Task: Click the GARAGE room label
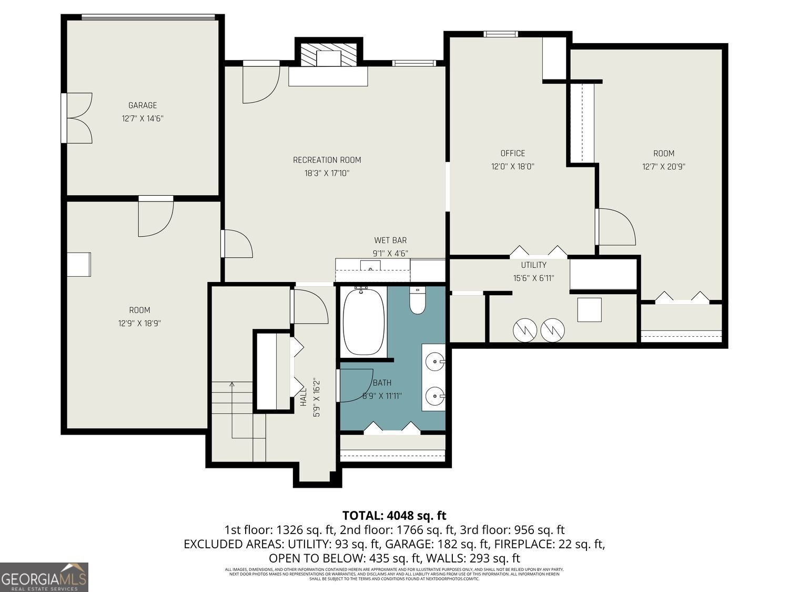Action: tap(143, 106)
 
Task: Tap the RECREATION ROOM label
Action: tap(327, 160)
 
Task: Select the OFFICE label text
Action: tap(512, 153)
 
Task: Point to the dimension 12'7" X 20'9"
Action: tap(663, 167)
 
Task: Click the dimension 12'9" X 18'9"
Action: tap(139, 324)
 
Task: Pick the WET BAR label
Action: tap(390, 240)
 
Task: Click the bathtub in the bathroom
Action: tap(363, 321)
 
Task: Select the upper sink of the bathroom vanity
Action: tap(434, 362)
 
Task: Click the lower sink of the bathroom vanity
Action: tap(434, 395)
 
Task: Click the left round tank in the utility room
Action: tap(524, 329)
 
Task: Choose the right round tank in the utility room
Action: tap(553, 329)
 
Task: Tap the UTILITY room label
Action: tap(533, 265)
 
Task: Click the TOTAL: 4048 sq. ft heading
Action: tap(394, 515)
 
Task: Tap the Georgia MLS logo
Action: tap(44, 577)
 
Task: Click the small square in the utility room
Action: tap(589, 310)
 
